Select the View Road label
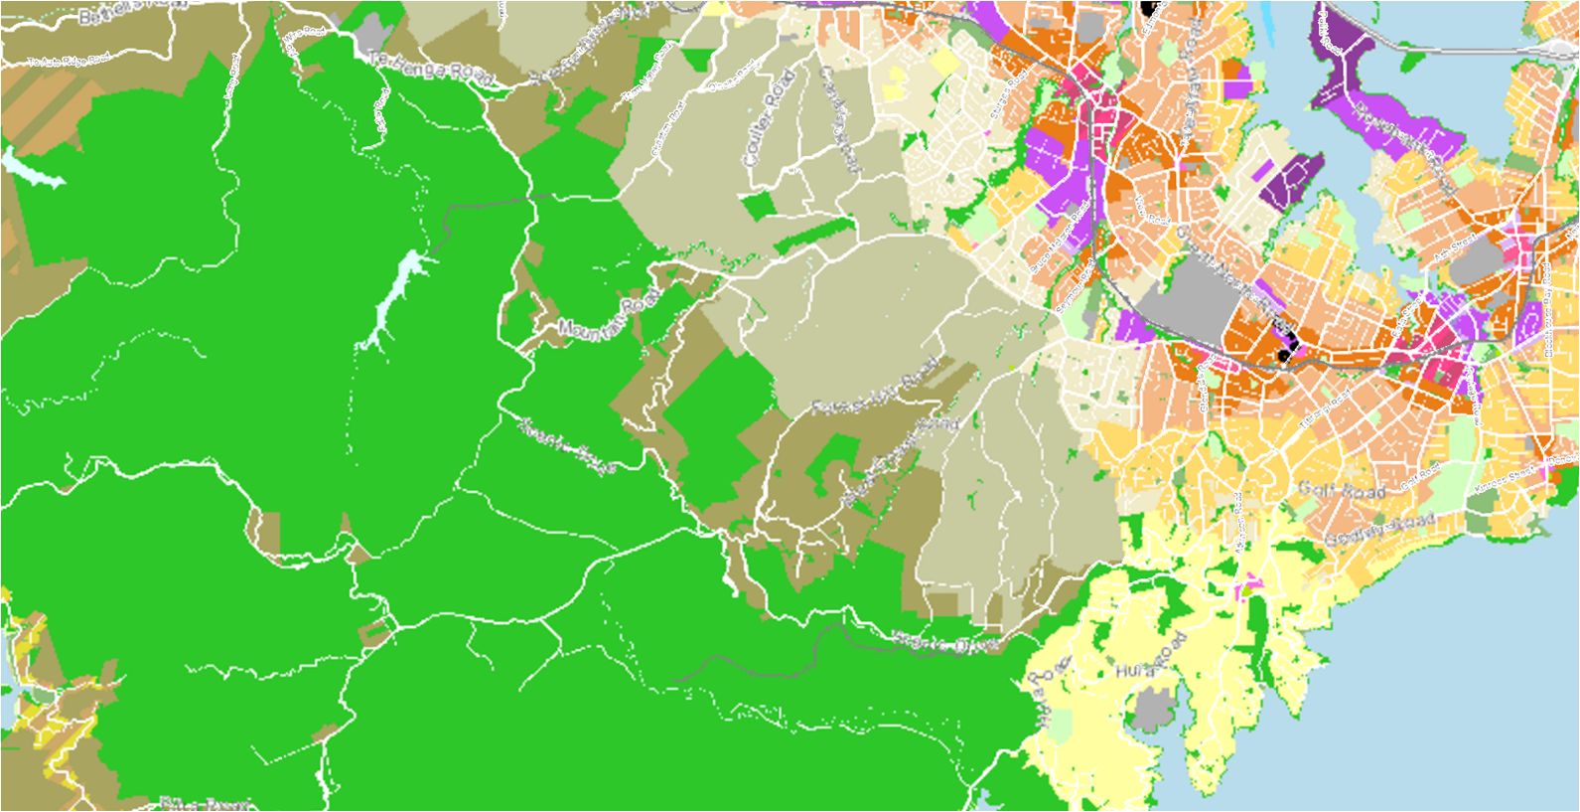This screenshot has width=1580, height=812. click(1153, 209)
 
